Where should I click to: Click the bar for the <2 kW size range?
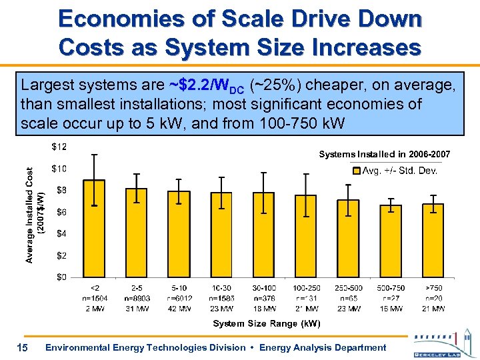pos(94,229)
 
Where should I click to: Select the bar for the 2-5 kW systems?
pos(136,233)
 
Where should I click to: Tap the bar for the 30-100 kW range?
pos(263,235)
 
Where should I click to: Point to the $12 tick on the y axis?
pos(59,146)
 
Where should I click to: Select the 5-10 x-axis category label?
pos(179,288)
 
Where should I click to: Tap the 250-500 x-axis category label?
pos(349,288)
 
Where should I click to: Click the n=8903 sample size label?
pos(137,298)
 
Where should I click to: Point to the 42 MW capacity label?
pos(179,308)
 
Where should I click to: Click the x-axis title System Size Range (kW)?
pos(267,323)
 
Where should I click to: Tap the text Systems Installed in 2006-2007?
pos(385,154)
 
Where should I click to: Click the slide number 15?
pos(22,347)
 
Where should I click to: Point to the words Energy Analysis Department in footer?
pos(323,347)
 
